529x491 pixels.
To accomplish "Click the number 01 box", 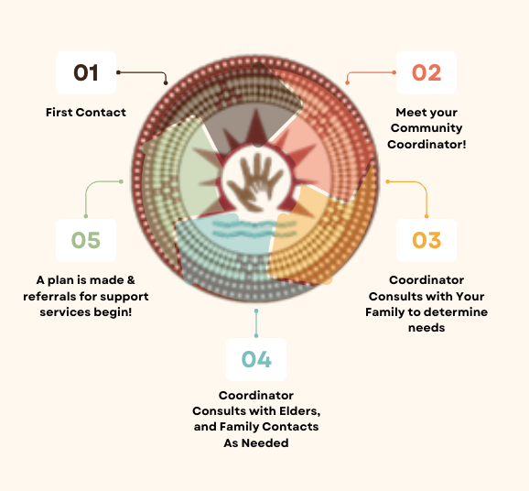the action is tap(86, 72).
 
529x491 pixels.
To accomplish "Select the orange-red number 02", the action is tap(426, 72).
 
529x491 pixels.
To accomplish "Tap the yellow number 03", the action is tap(426, 240).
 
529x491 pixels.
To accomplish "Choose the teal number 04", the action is tap(256, 359).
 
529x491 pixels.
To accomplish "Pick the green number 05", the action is tap(86, 240).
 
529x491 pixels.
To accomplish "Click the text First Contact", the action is tap(86, 112).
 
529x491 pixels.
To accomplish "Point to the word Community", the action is tap(426, 128).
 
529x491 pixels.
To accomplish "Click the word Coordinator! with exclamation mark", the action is tap(426, 144).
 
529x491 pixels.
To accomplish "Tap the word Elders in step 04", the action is tap(299, 411).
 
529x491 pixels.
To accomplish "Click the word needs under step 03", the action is tap(426, 328).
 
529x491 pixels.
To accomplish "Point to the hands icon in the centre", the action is tap(255, 182).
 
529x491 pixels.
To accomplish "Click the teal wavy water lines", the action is tap(254, 229).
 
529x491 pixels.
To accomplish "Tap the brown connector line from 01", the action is tap(148, 72).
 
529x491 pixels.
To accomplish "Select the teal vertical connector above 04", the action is tap(256, 323).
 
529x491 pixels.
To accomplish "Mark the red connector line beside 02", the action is tap(364, 72).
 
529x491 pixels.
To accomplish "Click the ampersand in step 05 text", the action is tap(131, 280).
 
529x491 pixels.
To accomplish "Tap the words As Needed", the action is tap(256, 443).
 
